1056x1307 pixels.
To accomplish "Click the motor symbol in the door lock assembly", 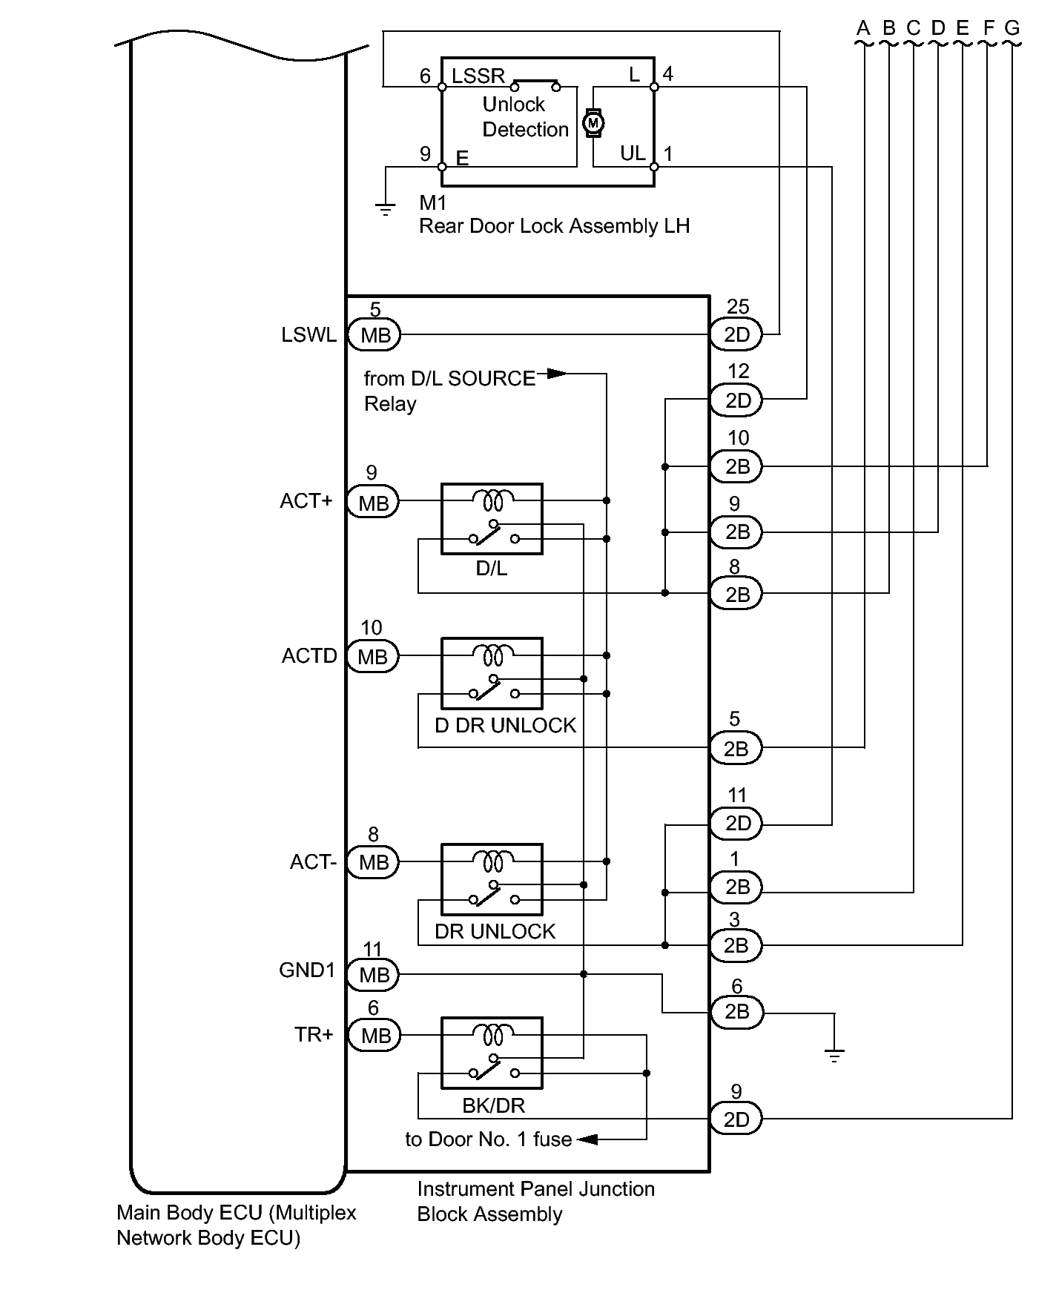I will click(593, 122).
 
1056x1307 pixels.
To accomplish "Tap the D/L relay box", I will click(492, 519).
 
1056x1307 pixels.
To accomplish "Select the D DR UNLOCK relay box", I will click(492, 673).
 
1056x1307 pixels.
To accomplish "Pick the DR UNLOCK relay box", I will click(492, 879).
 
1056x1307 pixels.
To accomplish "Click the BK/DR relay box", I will click(492, 1053).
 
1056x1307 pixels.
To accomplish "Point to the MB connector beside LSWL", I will click(374, 335).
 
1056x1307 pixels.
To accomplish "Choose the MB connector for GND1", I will click(374, 975).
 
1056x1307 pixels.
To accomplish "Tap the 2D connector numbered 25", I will click(736, 335).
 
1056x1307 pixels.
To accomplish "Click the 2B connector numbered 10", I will click(736, 467).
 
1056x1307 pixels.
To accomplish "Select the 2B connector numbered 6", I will click(736, 1011).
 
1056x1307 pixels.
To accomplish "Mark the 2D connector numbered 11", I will click(736, 823).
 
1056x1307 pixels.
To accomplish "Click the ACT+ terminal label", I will click(306, 501).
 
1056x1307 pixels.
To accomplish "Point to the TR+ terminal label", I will click(314, 1034).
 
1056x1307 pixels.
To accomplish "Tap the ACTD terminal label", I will click(309, 656).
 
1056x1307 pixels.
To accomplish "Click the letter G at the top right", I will click(1012, 29).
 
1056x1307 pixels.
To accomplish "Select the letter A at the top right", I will click(863, 29).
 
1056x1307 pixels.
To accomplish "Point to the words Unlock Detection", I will click(525, 117).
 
